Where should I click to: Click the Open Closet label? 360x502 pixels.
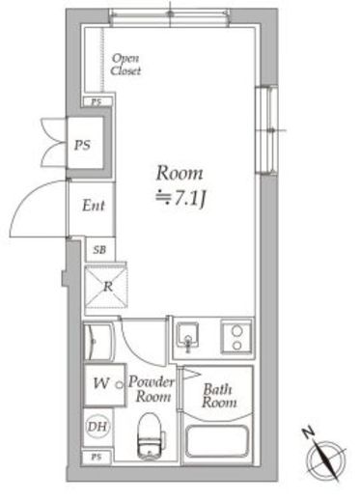click(x=125, y=65)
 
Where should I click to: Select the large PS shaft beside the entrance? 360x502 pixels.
click(x=85, y=142)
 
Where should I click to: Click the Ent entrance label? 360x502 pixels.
click(x=94, y=206)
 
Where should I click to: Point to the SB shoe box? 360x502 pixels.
click(x=99, y=249)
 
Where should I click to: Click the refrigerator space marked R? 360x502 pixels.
click(x=106, y=287)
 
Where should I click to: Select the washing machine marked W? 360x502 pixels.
click(x=104, y=384)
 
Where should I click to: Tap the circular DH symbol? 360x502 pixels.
click(x=97, y=427)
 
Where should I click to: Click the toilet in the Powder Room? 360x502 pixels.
click(x=150, y=435)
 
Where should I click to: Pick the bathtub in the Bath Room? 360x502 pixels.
click(x=217, y=441)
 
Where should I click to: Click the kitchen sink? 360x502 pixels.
click(x=188, y=337)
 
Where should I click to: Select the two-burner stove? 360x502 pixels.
click(x=236, y=337)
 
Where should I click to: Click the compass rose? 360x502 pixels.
click(x=325, y=456)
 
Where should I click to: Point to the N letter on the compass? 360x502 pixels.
click(x=309, y=433)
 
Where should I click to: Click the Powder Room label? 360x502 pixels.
click(x=152, y=389)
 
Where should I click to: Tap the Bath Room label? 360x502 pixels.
click(x=219, y=396)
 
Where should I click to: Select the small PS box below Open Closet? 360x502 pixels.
click(x=97, y=102)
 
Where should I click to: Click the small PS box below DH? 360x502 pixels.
click(x=97, y=457)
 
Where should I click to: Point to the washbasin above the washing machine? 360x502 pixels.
click(x=98, y=342)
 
